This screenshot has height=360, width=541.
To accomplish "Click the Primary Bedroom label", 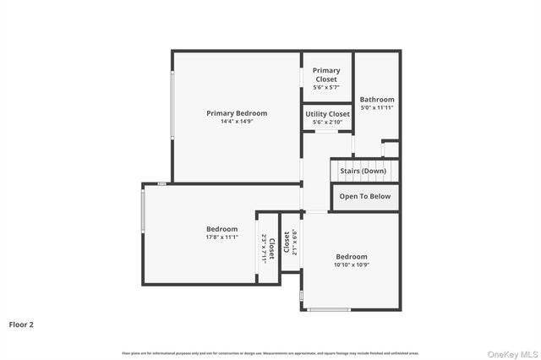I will point(237,113).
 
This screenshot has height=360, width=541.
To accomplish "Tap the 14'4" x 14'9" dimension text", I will point(237,122).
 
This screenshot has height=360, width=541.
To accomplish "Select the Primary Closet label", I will point(326,75).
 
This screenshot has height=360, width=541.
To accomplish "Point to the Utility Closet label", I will point(327,114).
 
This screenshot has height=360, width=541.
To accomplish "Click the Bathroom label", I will point(377,99).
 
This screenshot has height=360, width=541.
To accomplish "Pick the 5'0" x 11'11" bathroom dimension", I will point(377,107).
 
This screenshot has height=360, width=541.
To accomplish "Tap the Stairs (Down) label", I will point(363,171).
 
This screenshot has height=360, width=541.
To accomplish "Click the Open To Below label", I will point(364,196).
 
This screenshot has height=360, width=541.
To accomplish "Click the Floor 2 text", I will point(21,324).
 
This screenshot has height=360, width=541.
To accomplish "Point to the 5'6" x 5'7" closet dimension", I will point(326,88).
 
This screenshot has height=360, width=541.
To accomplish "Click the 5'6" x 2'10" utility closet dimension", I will point(327,123).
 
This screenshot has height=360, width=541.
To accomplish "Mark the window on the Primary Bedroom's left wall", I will point(172,106).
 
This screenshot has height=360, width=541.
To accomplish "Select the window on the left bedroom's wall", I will point(143,217).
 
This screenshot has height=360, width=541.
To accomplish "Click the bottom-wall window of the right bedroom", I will point(329,309).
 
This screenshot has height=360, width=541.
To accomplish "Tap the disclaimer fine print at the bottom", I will point(270,352).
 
